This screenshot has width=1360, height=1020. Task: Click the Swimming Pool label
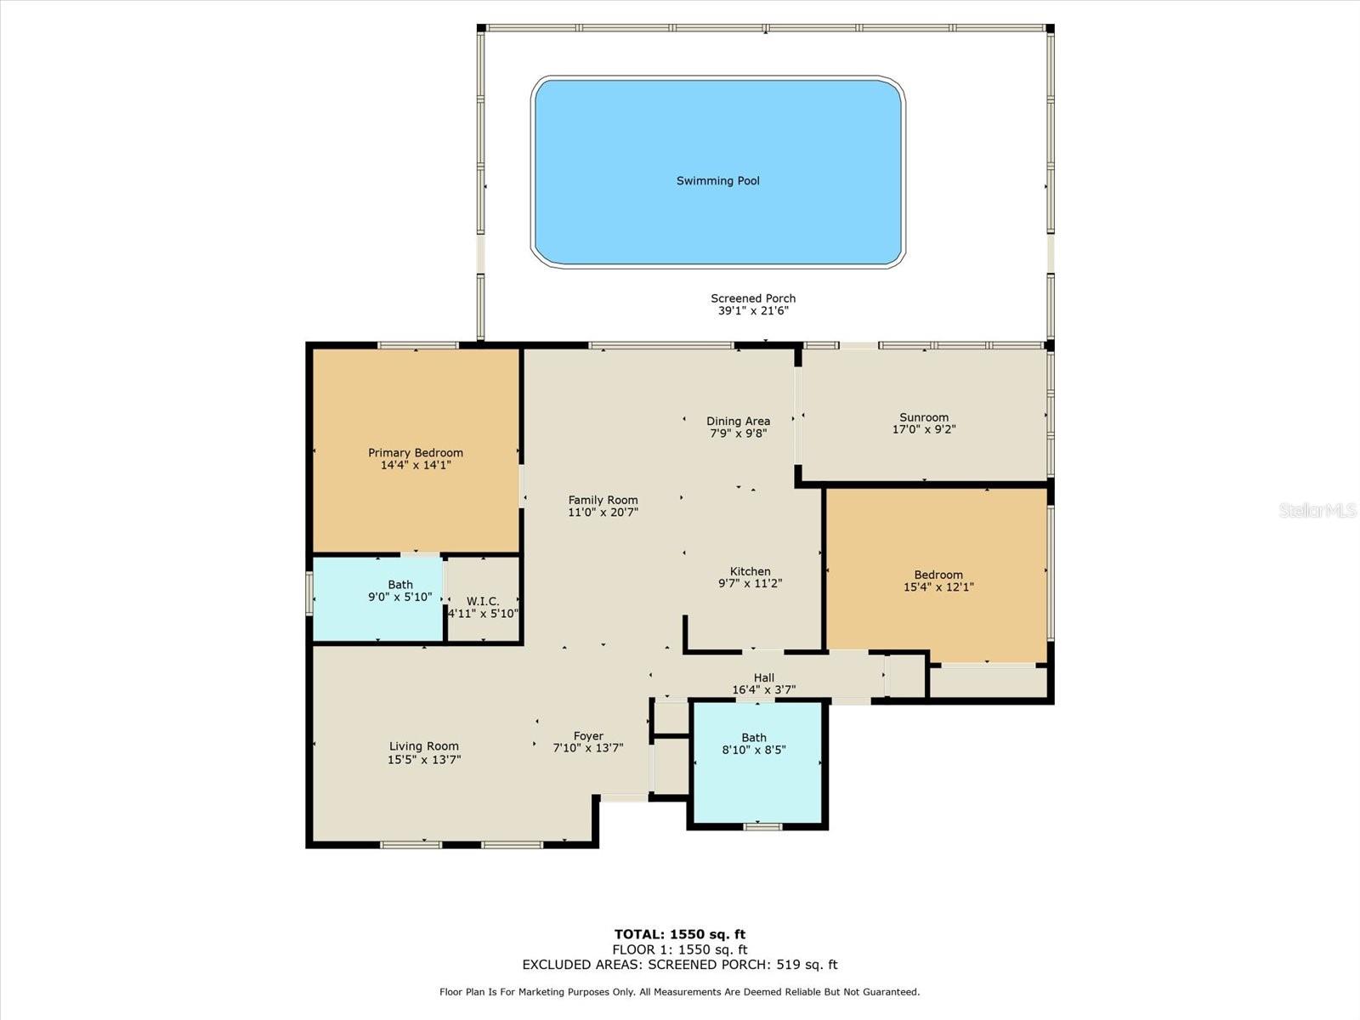click(717, 181)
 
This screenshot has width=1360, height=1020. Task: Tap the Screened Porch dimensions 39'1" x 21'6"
click(753, 311)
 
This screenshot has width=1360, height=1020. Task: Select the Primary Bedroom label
click(415, 453)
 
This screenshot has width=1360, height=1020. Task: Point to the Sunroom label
click(924, 417)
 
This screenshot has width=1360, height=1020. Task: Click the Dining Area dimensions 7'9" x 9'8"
click(738, 433)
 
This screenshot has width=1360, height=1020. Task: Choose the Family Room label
click(603, 500)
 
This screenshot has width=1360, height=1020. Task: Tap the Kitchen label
click(750, 571)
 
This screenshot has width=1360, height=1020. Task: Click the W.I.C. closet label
click(483, 601)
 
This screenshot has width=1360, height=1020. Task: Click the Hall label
click(763, 677)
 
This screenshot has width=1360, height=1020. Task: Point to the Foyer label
click(588, 736)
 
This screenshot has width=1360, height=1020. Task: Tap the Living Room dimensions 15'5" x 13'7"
click(424, 759)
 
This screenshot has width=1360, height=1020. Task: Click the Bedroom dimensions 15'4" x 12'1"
click(938, 587)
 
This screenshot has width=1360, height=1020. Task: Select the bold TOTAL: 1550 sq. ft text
click(680, 934)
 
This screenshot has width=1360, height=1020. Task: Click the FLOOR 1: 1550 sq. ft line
click(680, 949)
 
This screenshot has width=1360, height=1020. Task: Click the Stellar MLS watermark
click(1317, 510)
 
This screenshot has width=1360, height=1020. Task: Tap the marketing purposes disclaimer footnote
click(680, 992)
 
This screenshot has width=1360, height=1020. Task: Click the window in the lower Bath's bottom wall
click(762, 826)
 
